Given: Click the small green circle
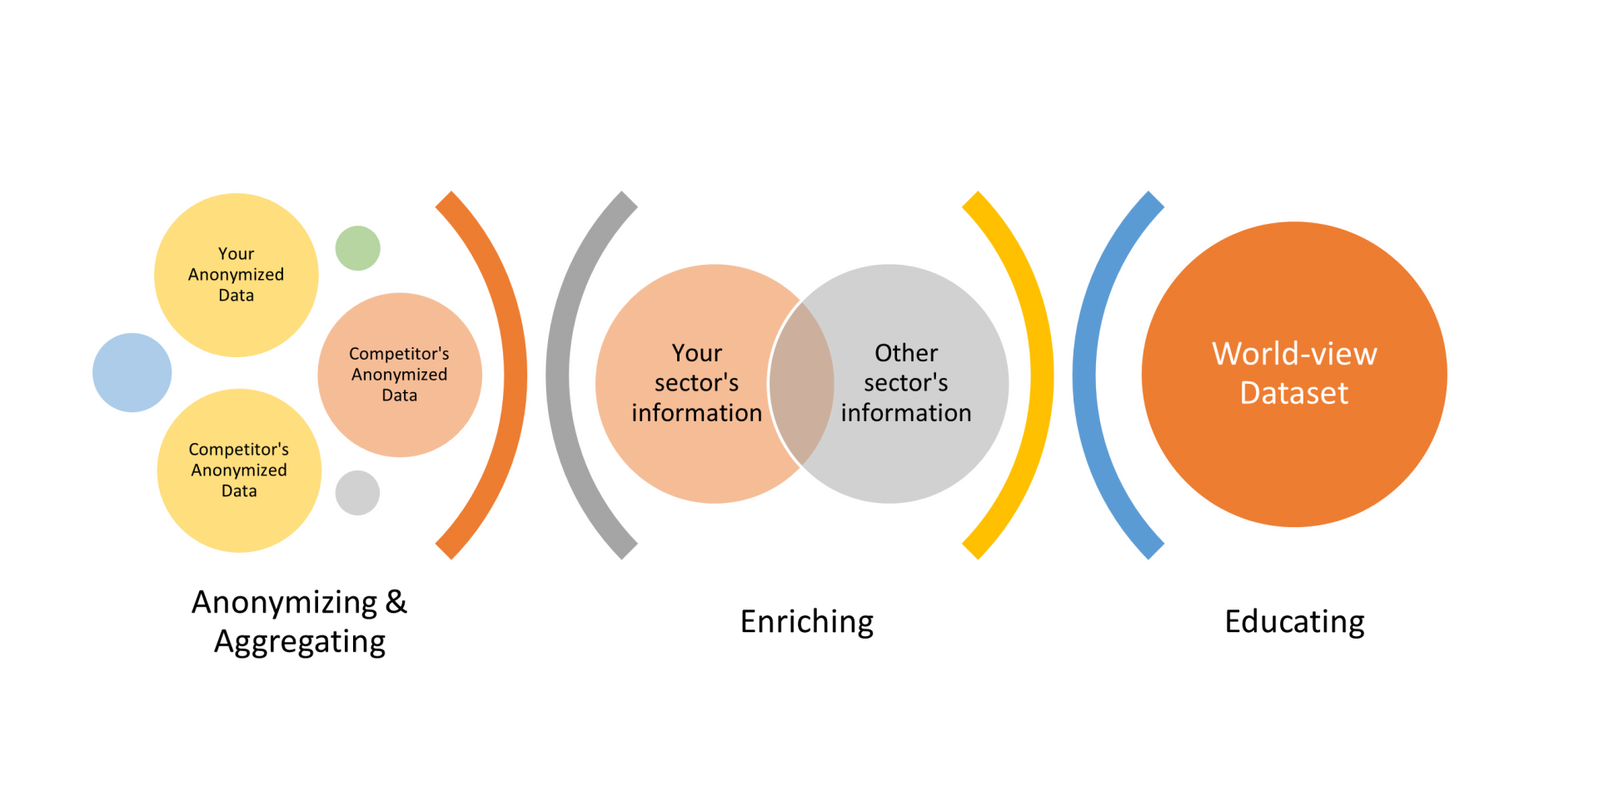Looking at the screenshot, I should click(358, 248).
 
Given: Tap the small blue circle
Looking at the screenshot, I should click(132, 372).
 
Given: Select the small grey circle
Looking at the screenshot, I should click(358, 493).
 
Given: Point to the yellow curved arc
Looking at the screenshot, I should click(1041, 375).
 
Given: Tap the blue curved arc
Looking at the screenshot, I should click(1085, 375).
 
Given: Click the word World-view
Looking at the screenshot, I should click(1294, 354).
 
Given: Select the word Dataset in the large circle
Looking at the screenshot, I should click(1293, 393).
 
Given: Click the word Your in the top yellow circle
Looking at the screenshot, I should click(236, 254).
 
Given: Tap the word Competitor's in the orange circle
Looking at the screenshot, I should click(399, 354).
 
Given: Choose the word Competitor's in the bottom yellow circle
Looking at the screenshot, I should click(238, 450).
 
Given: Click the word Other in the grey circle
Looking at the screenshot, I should click(906, 353).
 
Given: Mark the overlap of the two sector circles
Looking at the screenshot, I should click(801, 383).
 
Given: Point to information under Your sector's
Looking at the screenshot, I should click(696, 413).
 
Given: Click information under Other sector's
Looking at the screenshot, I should click(906, 413).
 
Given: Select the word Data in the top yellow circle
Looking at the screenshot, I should click(236, 296).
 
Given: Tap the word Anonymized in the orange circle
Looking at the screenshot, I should click(399, 375).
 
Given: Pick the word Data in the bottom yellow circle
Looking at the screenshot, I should click(239, 491).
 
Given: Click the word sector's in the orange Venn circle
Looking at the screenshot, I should click(696, 383).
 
